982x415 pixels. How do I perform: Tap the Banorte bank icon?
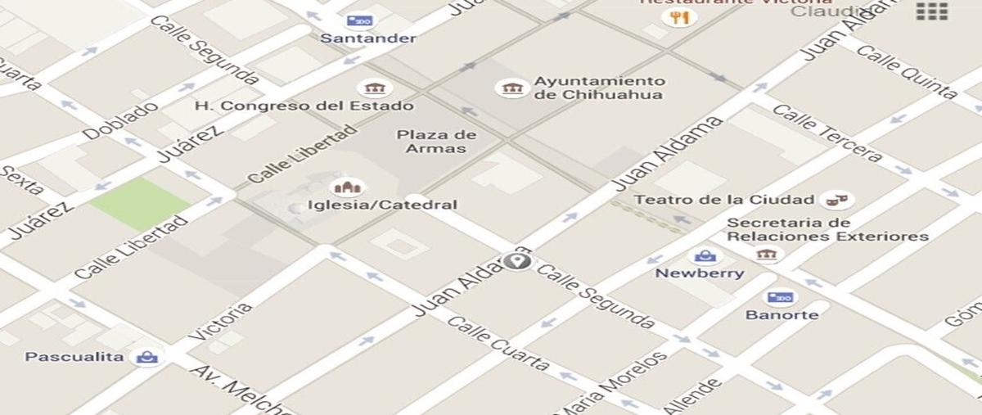coord(780,297)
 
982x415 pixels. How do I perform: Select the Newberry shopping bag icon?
coord(705,256)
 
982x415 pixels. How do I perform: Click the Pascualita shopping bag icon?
coord(147,357)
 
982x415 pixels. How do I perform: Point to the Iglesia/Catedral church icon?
coord(347,187)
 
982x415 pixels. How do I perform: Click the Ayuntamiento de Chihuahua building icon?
coord(511,88)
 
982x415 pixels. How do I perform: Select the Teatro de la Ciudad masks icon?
coord(836,199)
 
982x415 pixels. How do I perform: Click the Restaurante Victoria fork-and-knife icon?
coord(678,17)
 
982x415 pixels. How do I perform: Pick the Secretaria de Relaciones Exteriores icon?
coord(767,255)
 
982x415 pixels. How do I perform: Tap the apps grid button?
coord(931,11)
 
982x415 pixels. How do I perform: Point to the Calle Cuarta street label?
coord(498,343)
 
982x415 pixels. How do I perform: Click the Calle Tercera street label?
coord(827,133)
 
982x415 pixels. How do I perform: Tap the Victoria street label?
coord(219,322)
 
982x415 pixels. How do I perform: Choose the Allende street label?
coord(692,396)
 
